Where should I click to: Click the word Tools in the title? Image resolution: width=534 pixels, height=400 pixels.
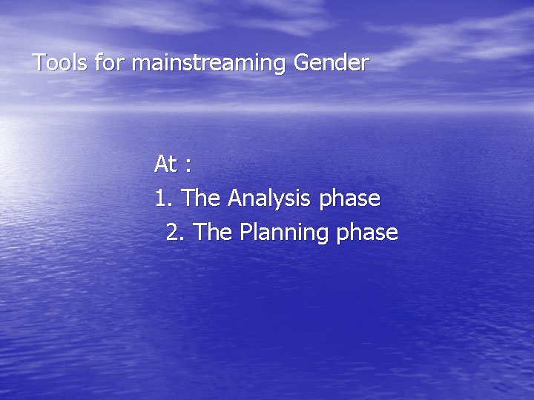(x=61, y=63)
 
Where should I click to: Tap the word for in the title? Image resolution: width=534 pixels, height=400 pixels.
(x=112, y=63)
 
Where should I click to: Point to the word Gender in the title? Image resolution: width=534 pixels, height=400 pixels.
(x=331, y=63)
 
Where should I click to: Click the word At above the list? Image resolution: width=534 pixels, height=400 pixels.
(x=166, y=164)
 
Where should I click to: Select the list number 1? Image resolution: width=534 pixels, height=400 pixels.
(x=162, y=199)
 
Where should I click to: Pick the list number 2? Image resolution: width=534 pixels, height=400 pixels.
(x=174, y=233)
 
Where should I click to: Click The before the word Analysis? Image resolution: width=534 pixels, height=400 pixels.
(x=202, y=199)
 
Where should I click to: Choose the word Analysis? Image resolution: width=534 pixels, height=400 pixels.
(x=270, y=199)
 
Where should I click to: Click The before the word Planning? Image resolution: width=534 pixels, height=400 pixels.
(x=215, y=233)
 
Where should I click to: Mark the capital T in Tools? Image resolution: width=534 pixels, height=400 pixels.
(x=39, y=63)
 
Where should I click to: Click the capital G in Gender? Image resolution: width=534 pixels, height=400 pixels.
(x=302, y=63)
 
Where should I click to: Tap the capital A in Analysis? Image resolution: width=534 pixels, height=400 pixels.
(x=235, y=199)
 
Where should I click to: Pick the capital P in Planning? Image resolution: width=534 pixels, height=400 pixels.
(x=245, y=233)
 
